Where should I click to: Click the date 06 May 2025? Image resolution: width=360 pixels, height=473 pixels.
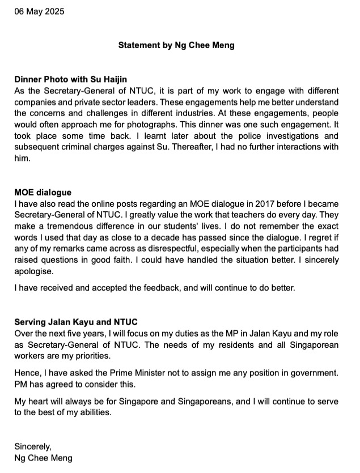point(39,11)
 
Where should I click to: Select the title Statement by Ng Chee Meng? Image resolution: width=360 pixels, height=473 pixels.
point(176,45)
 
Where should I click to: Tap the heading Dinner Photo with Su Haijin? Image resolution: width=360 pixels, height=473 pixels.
point(70,79)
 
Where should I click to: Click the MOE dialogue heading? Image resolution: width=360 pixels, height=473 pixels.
point(43,193)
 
